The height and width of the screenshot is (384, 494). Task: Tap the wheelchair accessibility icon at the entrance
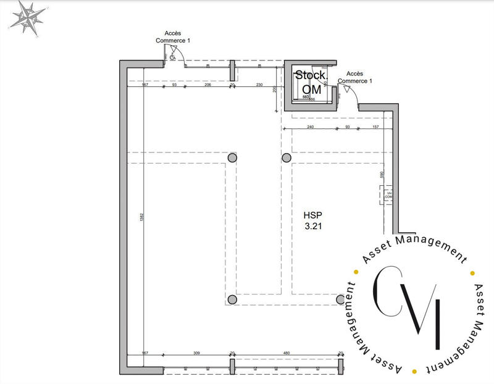click(x=172, y=57)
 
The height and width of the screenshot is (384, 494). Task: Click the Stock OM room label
click(x=311, y=82)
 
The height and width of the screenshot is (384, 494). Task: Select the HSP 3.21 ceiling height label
click(x=312, y=221)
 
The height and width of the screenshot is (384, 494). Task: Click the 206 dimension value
click(x=208, y=85)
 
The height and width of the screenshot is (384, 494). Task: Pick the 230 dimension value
click(x=259, y=85)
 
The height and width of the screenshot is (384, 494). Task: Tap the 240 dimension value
click(x=310, y=127)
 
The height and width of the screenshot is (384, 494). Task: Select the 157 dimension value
click(x=375, y=127)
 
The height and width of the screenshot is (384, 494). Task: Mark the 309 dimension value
click(x=196, y=353)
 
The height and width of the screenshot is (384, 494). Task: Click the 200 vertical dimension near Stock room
click(x=274, y=90)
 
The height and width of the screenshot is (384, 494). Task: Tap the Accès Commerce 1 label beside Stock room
click(x=359, y=77)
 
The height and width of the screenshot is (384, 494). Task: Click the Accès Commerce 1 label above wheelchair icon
click(x=173, y=36)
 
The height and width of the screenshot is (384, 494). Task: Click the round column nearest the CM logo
click(x=340, y=299)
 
